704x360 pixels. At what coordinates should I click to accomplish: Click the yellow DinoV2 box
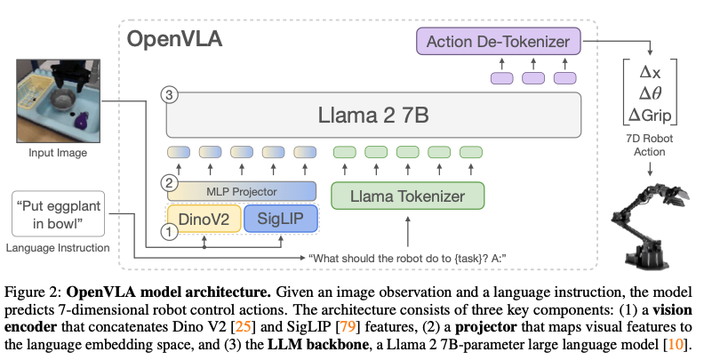click(204, 220)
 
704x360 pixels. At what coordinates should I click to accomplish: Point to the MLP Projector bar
click(241, 190)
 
